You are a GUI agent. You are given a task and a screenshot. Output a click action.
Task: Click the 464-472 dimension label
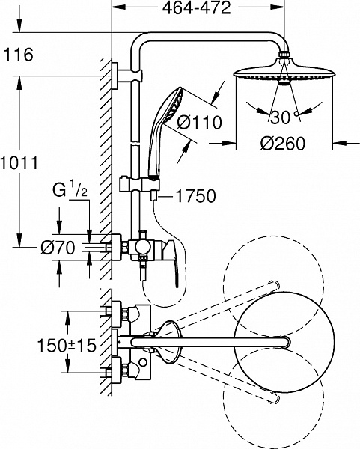197,8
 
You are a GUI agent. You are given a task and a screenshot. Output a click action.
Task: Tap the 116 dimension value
18,55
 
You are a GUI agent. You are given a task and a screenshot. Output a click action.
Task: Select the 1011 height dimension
19,163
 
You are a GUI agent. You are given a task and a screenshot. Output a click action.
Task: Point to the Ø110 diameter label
199,122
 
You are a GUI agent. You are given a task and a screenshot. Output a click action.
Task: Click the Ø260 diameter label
283,144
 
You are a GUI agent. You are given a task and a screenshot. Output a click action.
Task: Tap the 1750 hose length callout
195,196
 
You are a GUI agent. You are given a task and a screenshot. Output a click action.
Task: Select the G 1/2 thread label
70,190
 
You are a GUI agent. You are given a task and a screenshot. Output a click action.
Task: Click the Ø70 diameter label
58,248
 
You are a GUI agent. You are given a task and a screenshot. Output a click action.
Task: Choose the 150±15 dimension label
67,345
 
